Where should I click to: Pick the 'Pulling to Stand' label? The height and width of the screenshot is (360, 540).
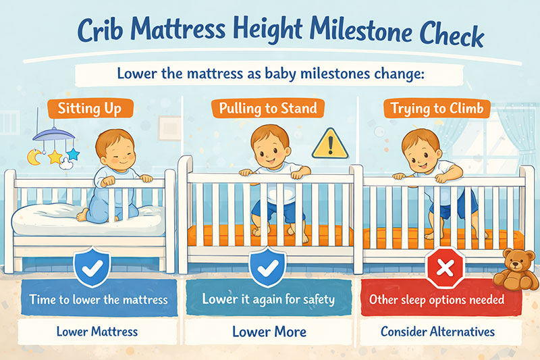[x=269, y=109]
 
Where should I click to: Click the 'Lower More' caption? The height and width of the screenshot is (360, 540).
[x=269, y=332]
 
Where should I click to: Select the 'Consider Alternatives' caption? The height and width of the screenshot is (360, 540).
[x=438, y=332]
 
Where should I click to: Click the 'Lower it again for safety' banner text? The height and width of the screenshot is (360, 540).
[x=269, y=299]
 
